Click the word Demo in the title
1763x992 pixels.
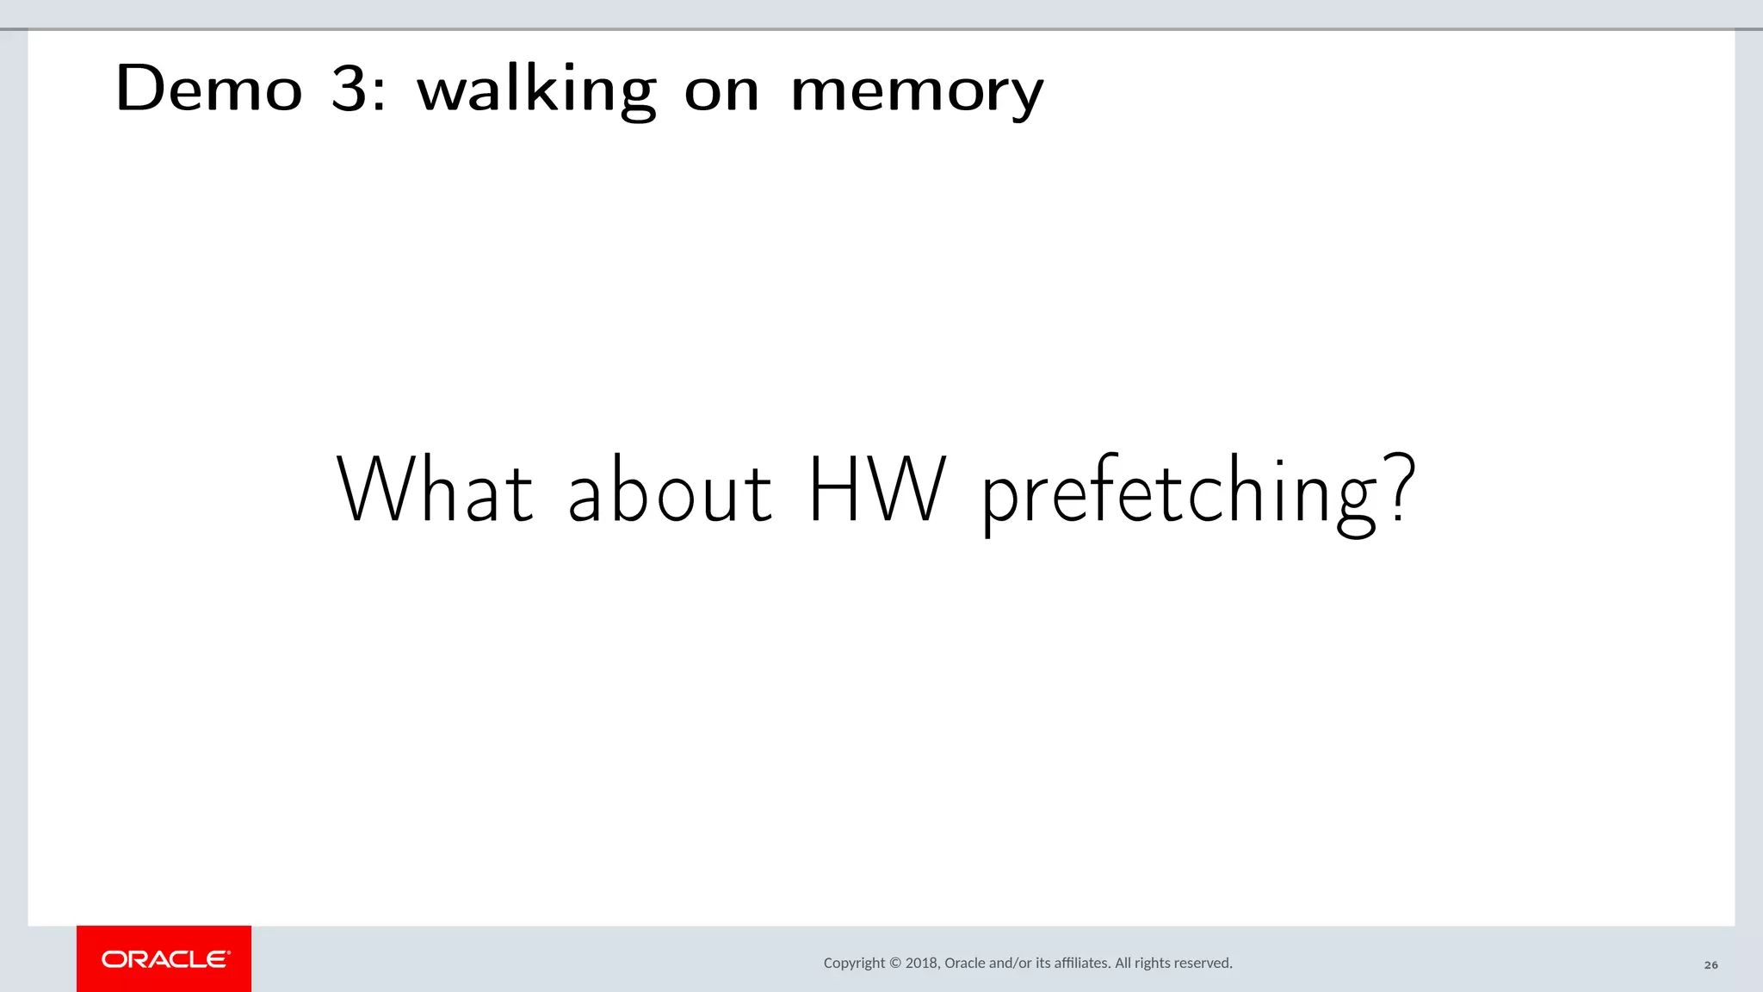[208, 88]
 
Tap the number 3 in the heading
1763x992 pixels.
[349, 88]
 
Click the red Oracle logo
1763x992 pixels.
[164, 958]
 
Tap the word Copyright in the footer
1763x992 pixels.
[854, 963]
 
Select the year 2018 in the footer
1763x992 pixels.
[922, 963]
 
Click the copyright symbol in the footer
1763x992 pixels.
[894, 963]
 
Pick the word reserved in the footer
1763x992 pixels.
[1203, 963]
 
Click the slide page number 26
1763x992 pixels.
[1710, 964]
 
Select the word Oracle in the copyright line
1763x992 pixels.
[965, 963]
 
